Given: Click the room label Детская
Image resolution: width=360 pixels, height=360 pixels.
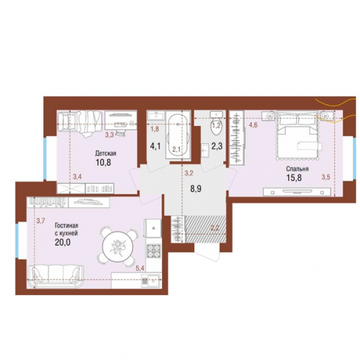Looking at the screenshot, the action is [x=106, y=153].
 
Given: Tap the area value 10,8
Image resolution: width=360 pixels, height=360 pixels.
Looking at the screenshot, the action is [x=104, y=163].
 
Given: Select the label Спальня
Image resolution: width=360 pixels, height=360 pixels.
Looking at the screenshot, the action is [x=297, y=169].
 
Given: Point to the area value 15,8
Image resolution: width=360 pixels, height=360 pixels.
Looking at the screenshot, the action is [x=294, y=178].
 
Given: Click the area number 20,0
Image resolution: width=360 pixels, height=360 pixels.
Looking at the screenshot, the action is [x=63, y=243].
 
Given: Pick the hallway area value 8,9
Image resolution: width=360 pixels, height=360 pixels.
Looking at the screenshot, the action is [x=196, y=189].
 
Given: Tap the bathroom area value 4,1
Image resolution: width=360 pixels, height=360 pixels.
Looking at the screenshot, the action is [x=156, y=146].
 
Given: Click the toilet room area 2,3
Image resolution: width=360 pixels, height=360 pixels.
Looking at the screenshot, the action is [x=217, y=146].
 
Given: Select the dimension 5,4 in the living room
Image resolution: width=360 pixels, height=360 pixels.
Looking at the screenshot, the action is [x=140, y=268].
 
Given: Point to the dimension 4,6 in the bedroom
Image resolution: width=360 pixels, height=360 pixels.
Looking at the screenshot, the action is [x=253, y=125].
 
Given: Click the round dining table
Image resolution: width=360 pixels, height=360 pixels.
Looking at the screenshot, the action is [x=118, y=246].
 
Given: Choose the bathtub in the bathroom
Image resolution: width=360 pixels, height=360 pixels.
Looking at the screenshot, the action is [x=178, y=136].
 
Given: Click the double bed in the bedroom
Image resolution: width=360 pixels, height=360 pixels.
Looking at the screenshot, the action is [x=297, y=135].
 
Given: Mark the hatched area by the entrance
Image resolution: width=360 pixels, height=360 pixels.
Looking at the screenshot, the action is [x=206, y=229].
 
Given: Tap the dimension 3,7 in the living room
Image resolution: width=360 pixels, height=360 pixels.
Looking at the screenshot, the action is [x=41, y=220].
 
